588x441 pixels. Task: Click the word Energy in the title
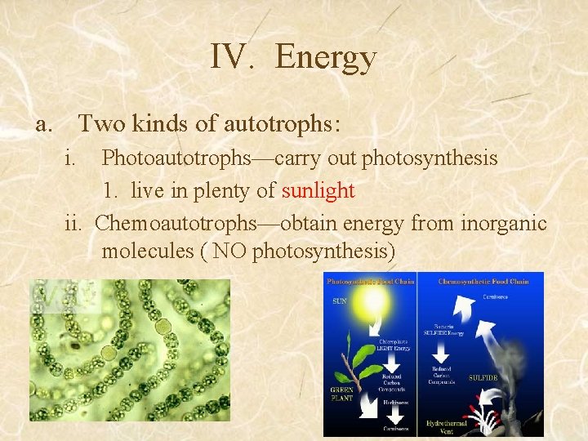coord(326,57)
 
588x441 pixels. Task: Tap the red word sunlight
coord(318,191)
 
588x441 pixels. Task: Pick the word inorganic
coord(504,222)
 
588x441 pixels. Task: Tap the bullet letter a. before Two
coord(44,124)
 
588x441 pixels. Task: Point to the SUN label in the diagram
coord(338,301)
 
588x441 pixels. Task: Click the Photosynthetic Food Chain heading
coord(370,281)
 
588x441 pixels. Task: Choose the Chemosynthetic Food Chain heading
coord(483,281)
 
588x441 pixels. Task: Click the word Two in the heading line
coord(100,124)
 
